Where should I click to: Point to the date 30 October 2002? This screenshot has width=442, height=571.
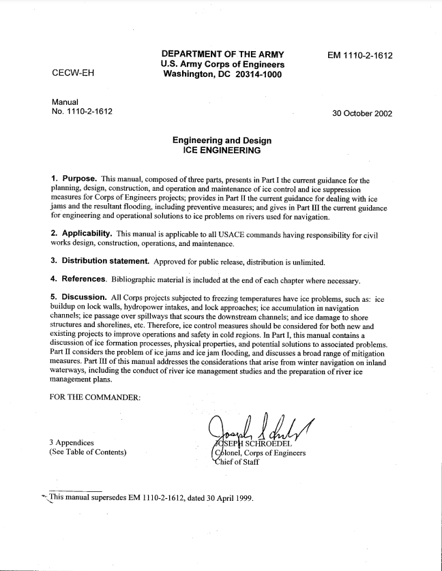click(x=362, y=113)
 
